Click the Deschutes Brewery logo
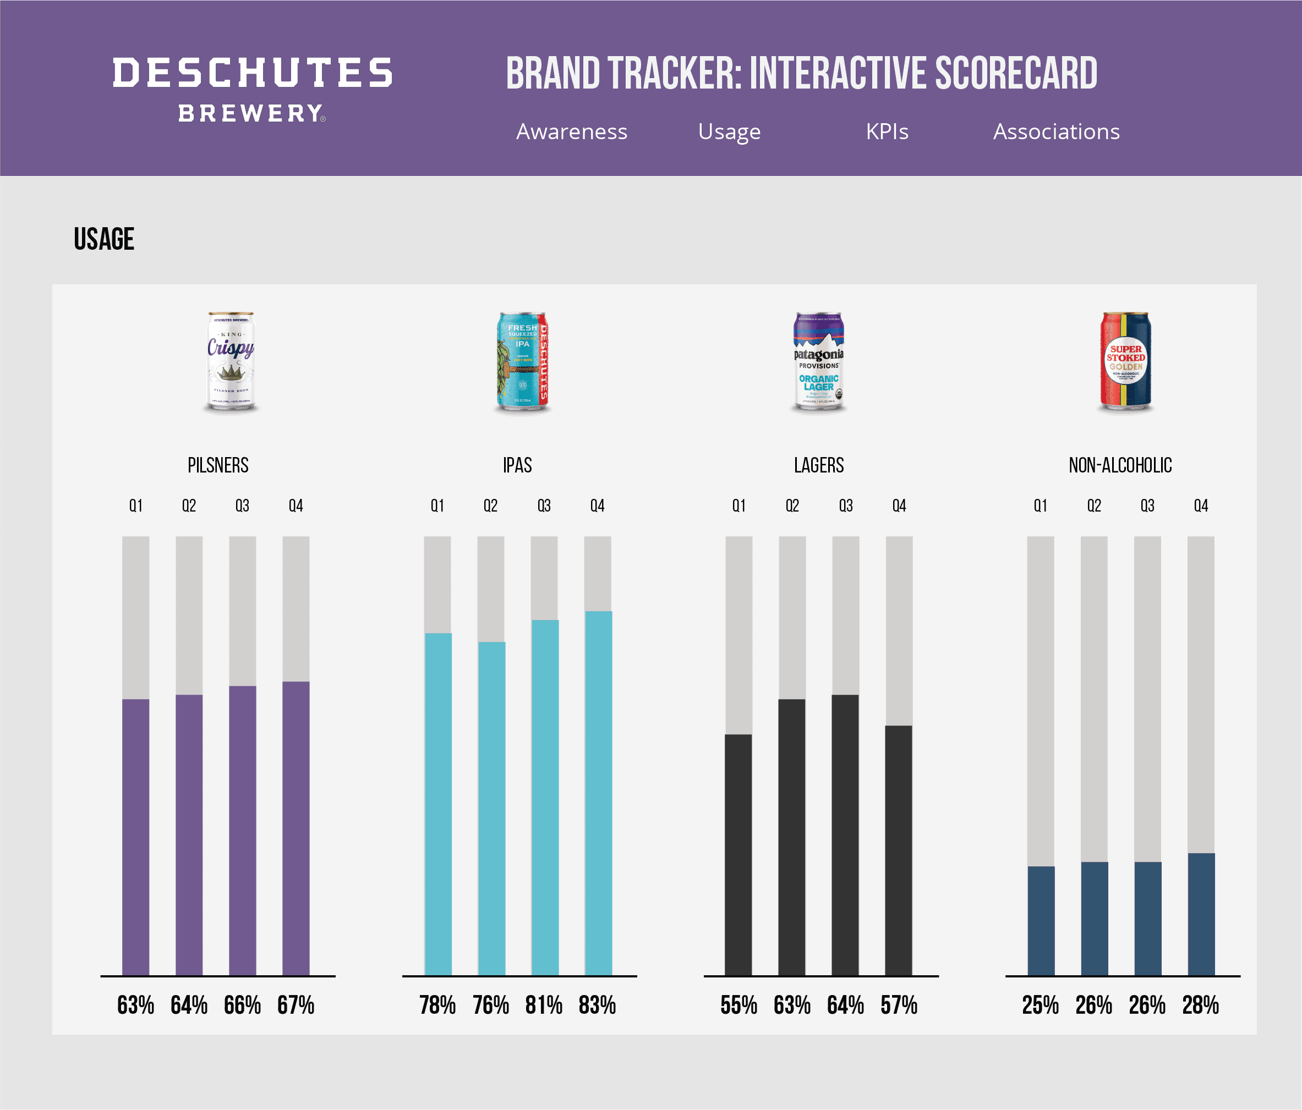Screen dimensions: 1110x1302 click(252, 89)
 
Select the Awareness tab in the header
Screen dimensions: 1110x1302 click(571, 131)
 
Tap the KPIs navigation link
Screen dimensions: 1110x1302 click(887, 131)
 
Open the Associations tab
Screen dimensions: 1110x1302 click(1055, 131)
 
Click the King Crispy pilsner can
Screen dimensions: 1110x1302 click(231, 362)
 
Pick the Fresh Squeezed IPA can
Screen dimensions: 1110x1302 click(522, 362)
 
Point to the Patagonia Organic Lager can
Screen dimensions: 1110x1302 click(818, 362)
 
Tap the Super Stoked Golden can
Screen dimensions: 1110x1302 click(1125, 362)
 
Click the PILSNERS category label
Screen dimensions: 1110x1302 click(218, 465)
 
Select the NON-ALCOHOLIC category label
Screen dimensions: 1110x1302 click(1120, 465)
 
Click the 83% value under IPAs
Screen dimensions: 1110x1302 click(597, 1005)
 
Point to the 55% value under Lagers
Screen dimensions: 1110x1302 click(738, 1005)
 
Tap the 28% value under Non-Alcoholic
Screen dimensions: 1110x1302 click(1200, 1005)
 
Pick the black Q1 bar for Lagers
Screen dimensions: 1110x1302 click(738, 854)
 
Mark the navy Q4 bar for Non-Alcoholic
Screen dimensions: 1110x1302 click(1201, 914)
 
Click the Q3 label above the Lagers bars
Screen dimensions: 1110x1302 click(846, 505)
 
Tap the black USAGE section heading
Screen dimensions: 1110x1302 click(105, 239)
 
